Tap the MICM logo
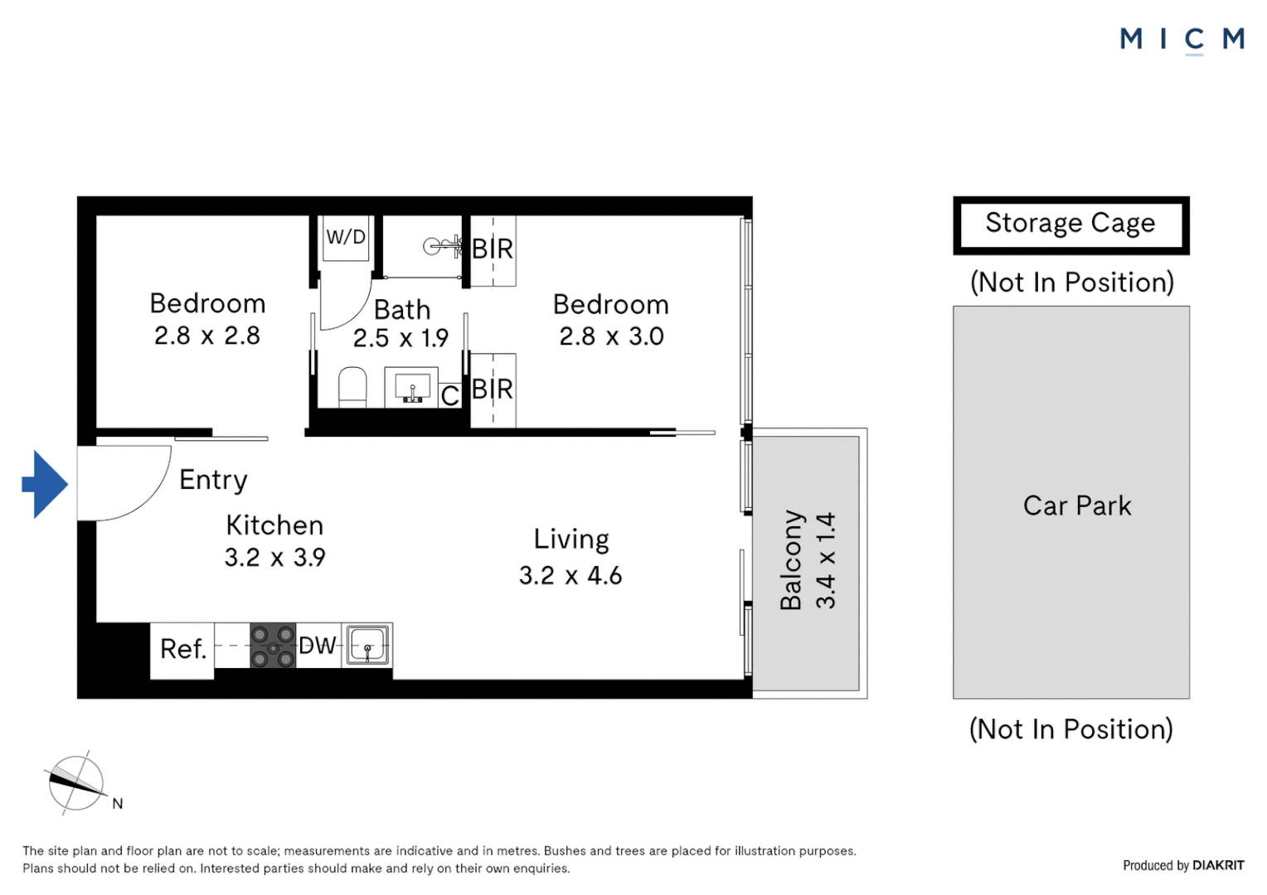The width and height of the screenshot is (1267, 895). pyautogui.click(x=1182, y=39)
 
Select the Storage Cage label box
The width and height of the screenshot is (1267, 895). pyautogui.click(x=1070, y=224)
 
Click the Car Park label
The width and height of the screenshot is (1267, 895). pyautogui.click(x=1076, y=506)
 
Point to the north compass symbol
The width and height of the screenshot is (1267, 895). pyautogui.click(x=76, y=783)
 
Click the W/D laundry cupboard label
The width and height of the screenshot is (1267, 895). pyautogui.click(x=346, y=237)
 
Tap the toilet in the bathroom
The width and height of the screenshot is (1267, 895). pyautogui.click(x=352, y=387)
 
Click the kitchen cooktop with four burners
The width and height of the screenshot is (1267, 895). pyautogui.click(x=273, y=646)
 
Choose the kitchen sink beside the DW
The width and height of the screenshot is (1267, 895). pyautogui.click(x=367, y=646)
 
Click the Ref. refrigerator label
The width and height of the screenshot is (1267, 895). pyautogui.click(x=182, y=649)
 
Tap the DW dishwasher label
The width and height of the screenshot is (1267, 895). pyautogui.click(x=317, y=646)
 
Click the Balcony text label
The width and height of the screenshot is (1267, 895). pyautogui.click(x=791, y=560)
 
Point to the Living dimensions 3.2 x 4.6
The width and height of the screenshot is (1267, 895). pyautogui.click(x=570, y=575)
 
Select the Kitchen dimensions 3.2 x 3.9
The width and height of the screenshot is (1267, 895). pyautogui.click(x=274, y=558)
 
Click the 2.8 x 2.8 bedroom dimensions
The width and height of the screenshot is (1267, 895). pyautogui.click(x=206, y=336)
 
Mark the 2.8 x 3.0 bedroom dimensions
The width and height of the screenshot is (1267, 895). pyautogui.click(x=611, y=336)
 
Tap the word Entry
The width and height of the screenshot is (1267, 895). pyautogui.click(x=213, y=480)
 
